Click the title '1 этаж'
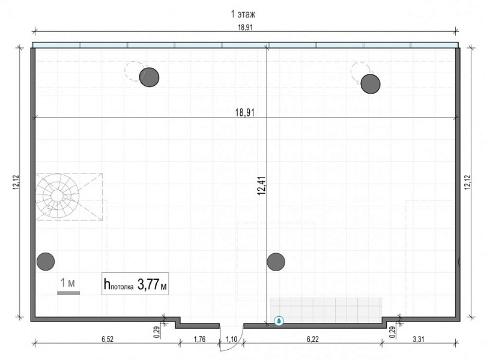[243, 14]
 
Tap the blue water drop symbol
[279, 321]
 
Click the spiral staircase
[57, 196]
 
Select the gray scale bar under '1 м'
[68, 293]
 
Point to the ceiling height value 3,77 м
[152, 284]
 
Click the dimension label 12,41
[261, 185]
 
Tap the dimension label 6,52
[107, 339]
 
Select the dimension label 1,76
[199, 339]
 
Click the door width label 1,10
[231, 339]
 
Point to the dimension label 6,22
[313, 339]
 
